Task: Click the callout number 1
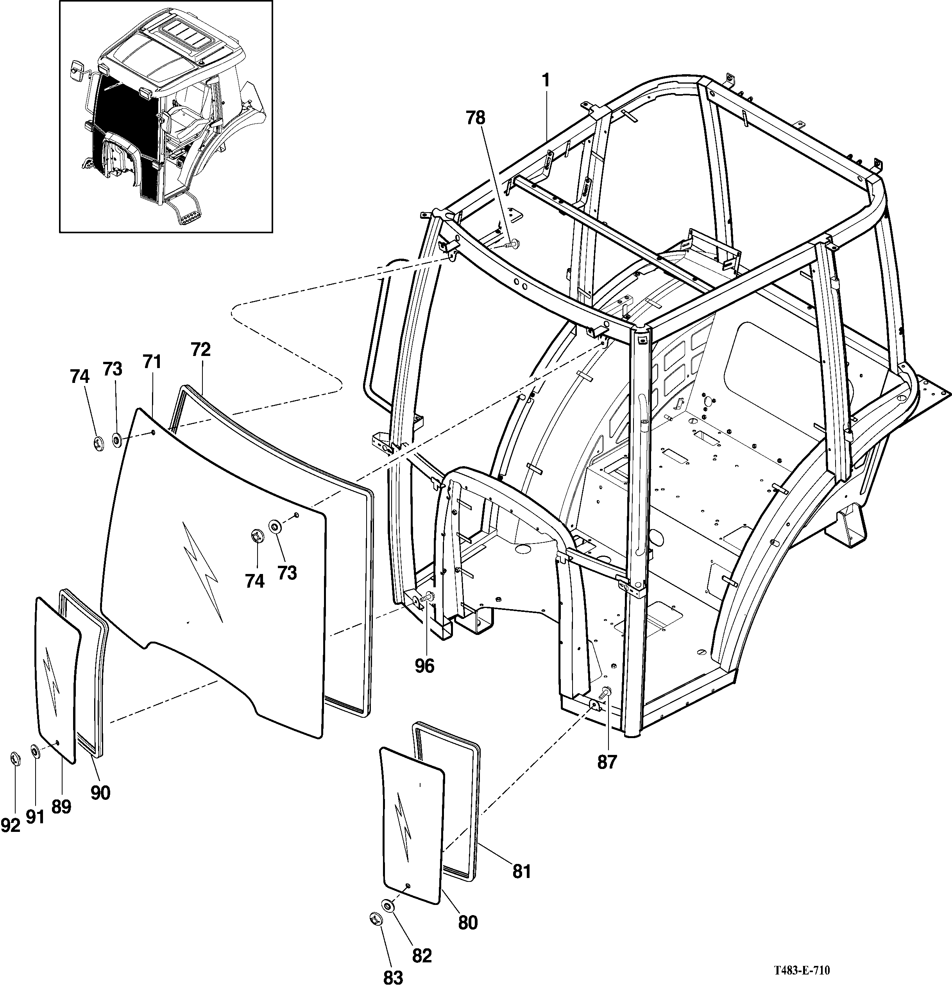pos(546,80)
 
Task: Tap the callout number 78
pos(476,118)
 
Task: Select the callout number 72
pos(200,349)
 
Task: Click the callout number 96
pos(424,666)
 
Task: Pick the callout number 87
pos(607,762)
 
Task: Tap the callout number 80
pos(468,923)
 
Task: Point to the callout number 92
pos(11,825)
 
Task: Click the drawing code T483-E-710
pos(802,970)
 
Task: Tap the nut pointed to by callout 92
pos(14,758)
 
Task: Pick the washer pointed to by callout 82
pos(389,905)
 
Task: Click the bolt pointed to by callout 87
pos(605,693)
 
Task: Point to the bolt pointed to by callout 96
pos(426,597)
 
